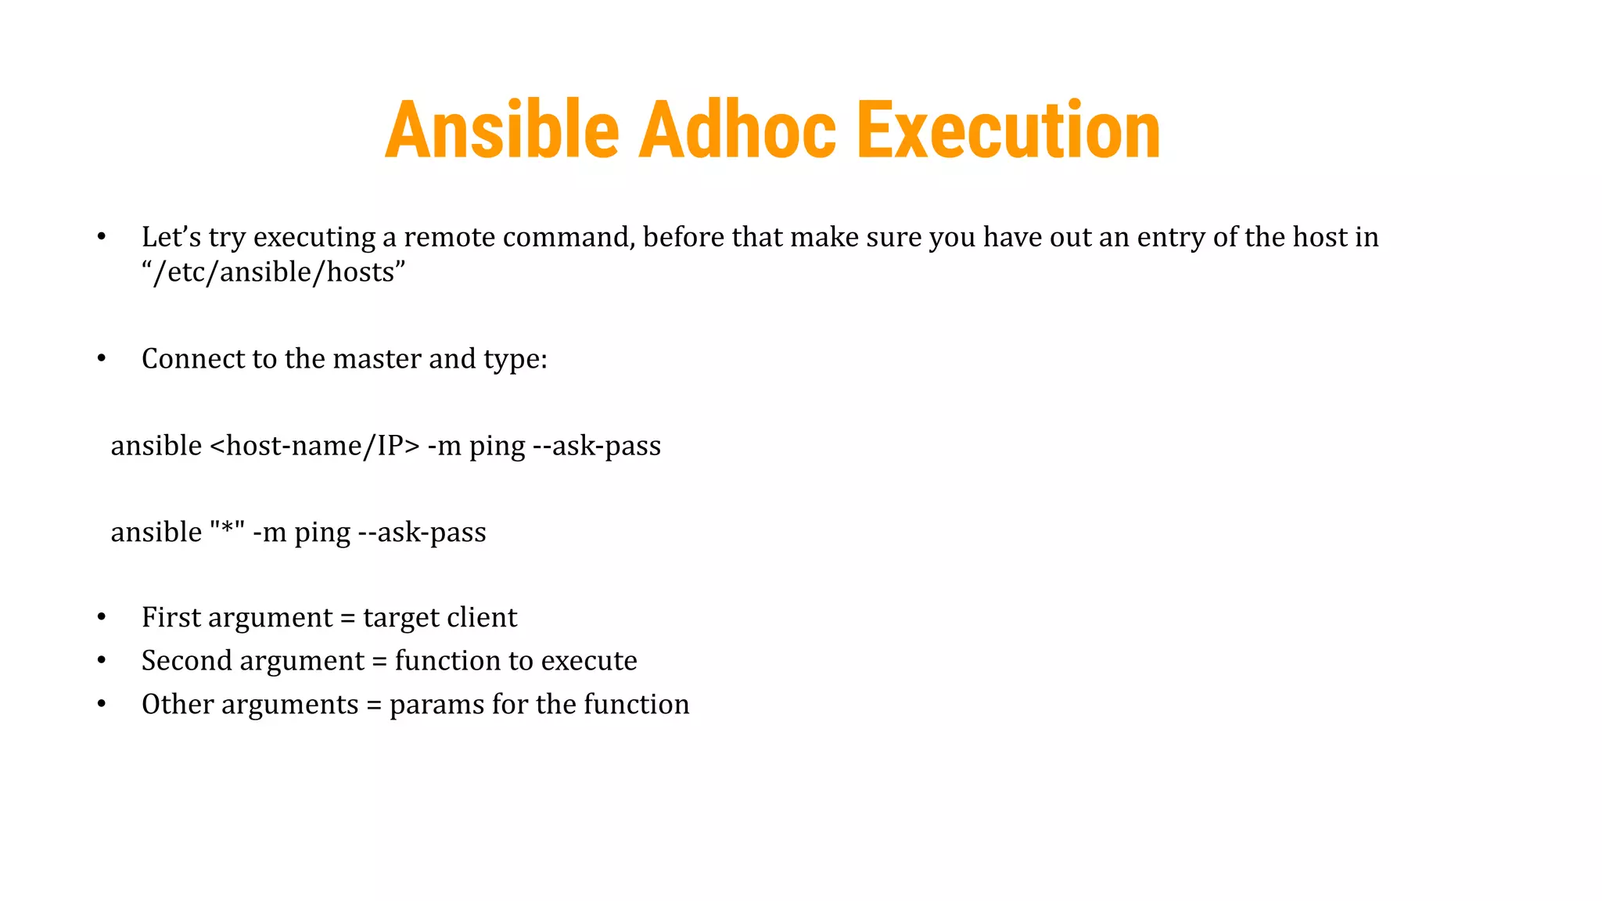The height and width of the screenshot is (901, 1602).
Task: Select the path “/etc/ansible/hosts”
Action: (273, 272)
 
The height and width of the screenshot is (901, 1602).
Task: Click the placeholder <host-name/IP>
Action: (315, 446)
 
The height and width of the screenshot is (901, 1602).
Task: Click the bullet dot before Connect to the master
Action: (102, 359)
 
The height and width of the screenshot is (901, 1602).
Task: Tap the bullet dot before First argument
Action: (102, 618)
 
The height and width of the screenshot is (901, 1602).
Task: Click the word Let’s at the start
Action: (171, 237)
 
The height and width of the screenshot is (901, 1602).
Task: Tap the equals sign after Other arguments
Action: (374, 705)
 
